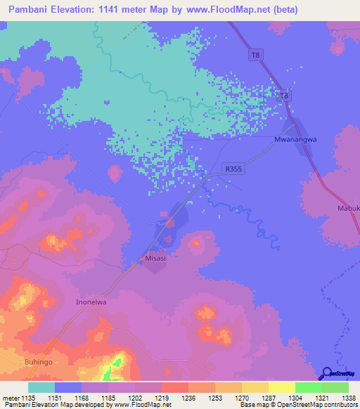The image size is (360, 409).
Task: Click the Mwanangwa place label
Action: (295, 139)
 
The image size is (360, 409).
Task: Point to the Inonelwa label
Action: (91, 302)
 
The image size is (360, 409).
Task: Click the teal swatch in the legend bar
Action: (41, 387)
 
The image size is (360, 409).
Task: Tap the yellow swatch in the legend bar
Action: (281, 387)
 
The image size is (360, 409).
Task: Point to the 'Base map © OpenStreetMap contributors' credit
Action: (297, 405)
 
